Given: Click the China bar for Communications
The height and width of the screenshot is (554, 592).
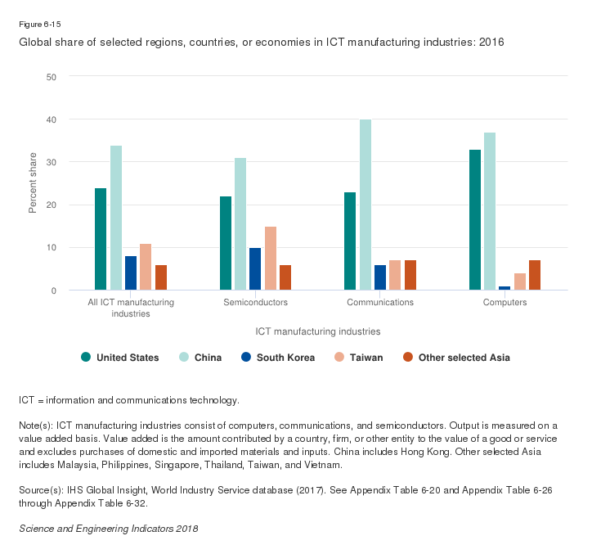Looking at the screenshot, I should [x=366, y=205].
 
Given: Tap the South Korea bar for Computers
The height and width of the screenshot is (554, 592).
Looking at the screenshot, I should [x=505, y=287].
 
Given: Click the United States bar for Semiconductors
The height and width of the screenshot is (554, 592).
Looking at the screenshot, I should [x=226, y=243].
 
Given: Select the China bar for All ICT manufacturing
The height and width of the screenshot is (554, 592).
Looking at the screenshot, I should [x=116, y=218].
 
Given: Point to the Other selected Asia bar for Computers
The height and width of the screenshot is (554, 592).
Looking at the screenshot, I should [x=535, y=275].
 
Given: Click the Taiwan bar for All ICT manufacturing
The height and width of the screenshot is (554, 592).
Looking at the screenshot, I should [x=146, y=267].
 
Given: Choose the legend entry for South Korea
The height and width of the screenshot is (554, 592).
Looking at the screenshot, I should [x=279, y=358].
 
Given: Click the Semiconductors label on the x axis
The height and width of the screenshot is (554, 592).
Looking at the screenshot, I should [x=255, y=303].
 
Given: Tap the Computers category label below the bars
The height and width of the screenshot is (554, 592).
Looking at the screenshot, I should [x=505, y=303].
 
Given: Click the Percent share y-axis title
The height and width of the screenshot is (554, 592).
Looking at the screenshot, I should [x=34, y=183].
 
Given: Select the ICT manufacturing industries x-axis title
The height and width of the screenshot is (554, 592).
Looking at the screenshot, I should [x=317, y=331].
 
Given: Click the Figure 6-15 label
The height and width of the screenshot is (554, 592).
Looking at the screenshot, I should [x=39, y=25].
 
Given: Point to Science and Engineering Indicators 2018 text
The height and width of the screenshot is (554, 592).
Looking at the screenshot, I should [x=108, y=529].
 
